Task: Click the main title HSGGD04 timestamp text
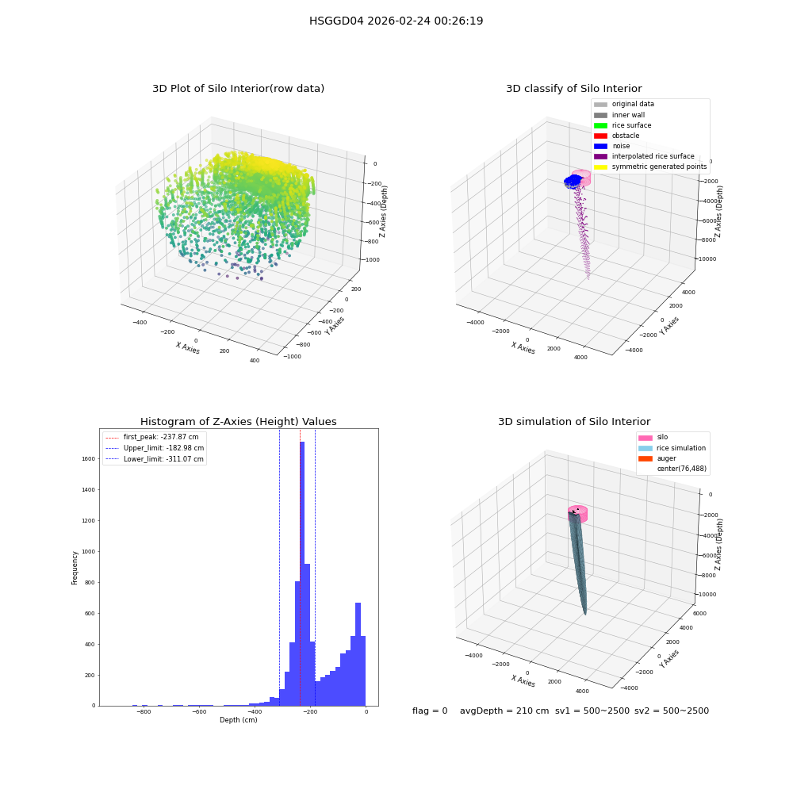point(396,21)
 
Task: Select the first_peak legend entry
point(152,437)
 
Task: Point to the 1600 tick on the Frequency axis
point(89,458)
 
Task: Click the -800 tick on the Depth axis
point(144,711)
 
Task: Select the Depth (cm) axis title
point(239,720)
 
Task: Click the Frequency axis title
point(75,568)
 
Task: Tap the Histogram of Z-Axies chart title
point(238,421)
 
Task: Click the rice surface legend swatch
point(600,125)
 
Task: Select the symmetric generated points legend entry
point(650,167)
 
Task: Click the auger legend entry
point(657,458)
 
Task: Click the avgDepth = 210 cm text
point(504,711)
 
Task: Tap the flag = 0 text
point(430,711)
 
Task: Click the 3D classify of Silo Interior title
point(574,89)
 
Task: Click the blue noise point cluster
point(573,181)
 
